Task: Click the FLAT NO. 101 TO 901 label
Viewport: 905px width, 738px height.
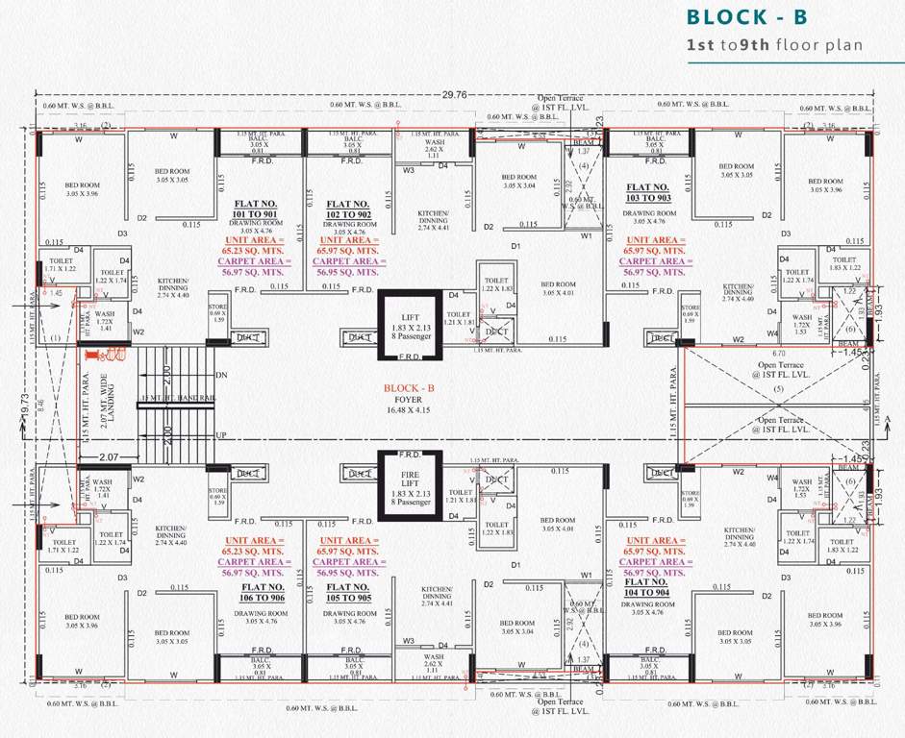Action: [x=257, y=209]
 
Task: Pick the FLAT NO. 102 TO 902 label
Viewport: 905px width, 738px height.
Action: [x=348, y=210]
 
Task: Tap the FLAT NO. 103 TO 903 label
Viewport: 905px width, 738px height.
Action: [x=647, y=192]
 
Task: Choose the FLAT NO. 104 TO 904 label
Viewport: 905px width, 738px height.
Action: [x=647, y=587]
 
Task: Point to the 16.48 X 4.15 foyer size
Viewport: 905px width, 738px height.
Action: [x=411, y=410]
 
